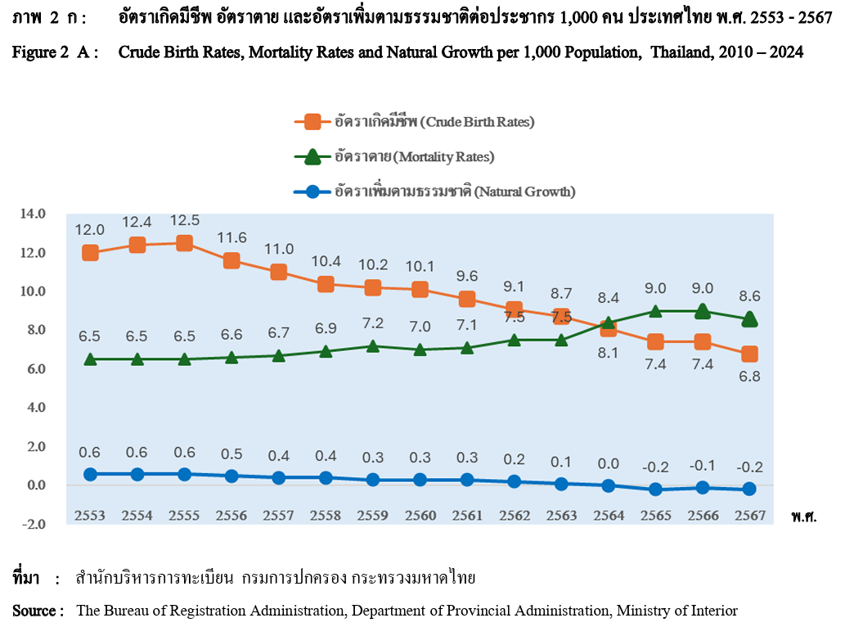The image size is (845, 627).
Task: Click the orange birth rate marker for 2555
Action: [185, 243]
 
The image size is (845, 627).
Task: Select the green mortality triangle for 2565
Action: [656, 311]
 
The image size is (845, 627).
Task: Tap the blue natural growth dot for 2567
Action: [750, 489]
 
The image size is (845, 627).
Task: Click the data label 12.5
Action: [185, 221]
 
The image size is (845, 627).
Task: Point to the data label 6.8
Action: [750, 377]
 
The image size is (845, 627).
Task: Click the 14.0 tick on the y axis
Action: [33, 214]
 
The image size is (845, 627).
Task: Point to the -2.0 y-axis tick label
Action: [33, 524]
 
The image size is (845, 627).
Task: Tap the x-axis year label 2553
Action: [90, 516]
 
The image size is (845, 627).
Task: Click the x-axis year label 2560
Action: [420, 516]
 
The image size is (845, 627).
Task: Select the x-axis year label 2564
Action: [609, 516]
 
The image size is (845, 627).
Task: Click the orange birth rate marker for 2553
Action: [90, 253]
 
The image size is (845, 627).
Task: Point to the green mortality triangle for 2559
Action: [373, 345]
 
